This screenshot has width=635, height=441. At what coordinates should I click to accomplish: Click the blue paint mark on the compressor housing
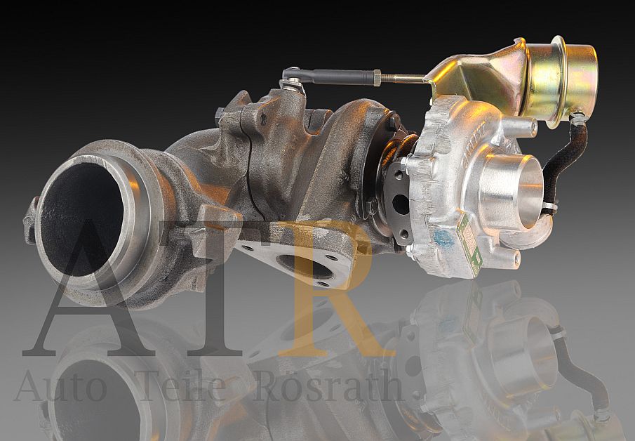tap(443, 238)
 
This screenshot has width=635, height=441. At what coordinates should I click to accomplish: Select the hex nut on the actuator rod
tap(377, 78)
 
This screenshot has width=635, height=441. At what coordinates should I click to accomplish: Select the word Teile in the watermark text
tap(183, 386)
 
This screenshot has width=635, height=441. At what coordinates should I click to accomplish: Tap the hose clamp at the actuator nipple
tap(577, 119)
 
